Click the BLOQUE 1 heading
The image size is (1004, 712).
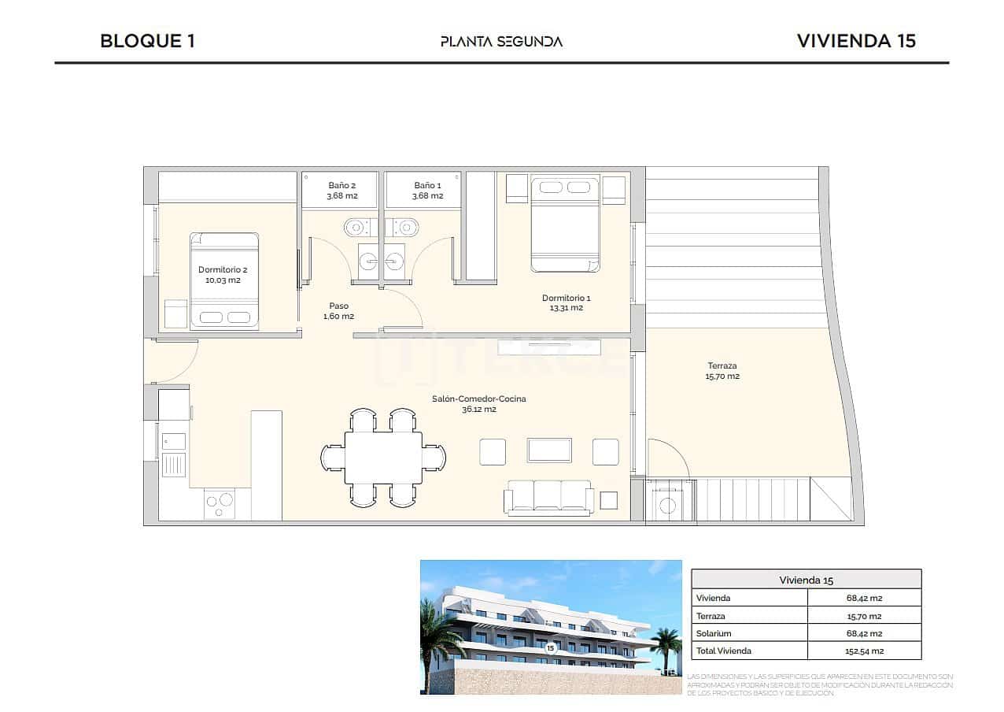[x=147, y=41]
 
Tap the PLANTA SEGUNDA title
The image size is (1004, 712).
[x=501, y=42]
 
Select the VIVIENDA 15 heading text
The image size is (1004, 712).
[x=856, y=41]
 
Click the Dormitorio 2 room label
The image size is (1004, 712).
[x=223, y=274]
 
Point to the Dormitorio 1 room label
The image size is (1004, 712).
[x=566, y=302]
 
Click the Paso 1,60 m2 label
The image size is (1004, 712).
[x=338, y=310]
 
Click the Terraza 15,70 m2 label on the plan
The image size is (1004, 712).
[x=722, y=370]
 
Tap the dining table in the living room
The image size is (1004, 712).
[x=383, y=458]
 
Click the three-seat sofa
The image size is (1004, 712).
[x=549, y=497]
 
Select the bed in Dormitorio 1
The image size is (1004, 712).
[x=565, y=224]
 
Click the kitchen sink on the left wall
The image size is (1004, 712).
[x=174, y=465]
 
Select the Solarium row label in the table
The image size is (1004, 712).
[x=714, y=633]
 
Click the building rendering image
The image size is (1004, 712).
[x=550, y=627]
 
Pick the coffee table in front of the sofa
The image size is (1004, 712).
[x=549, y=450]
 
